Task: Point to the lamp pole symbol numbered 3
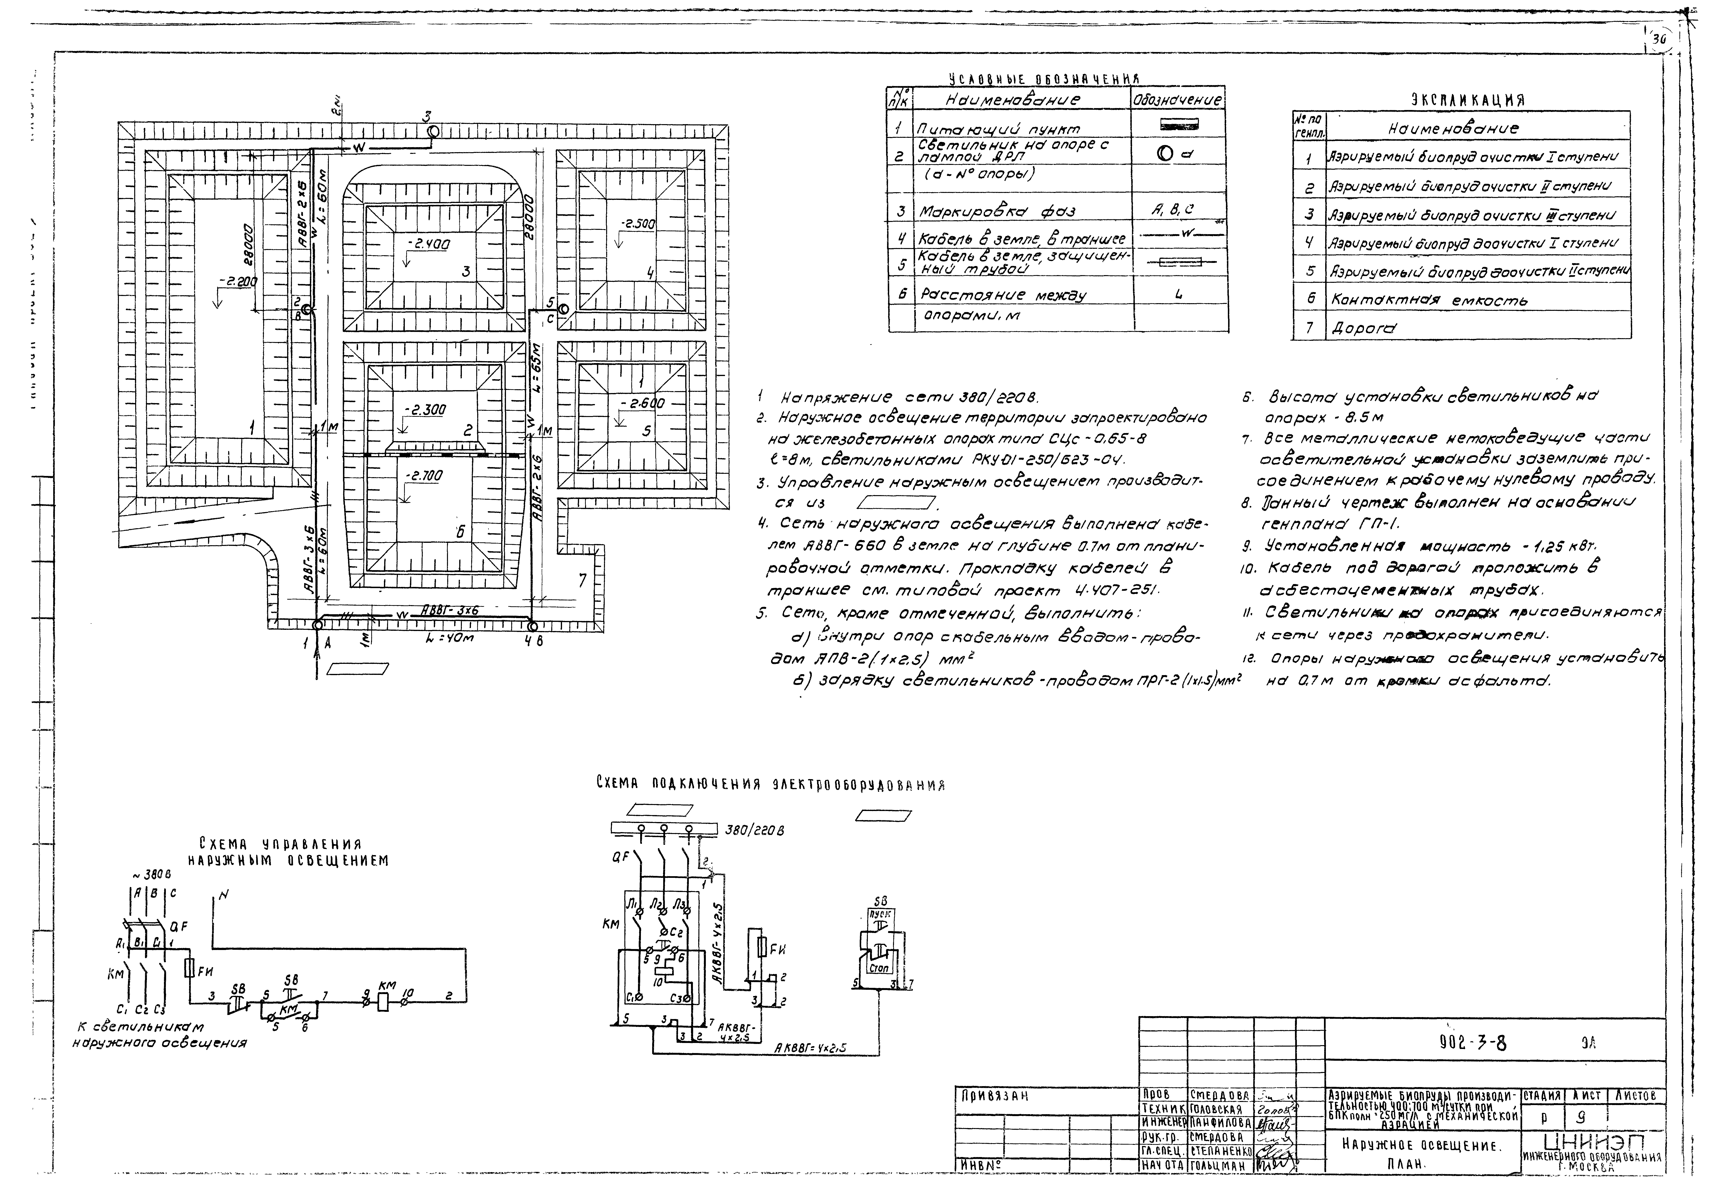click(x=432, y=132)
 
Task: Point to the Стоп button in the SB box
click(x=880, y=968)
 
